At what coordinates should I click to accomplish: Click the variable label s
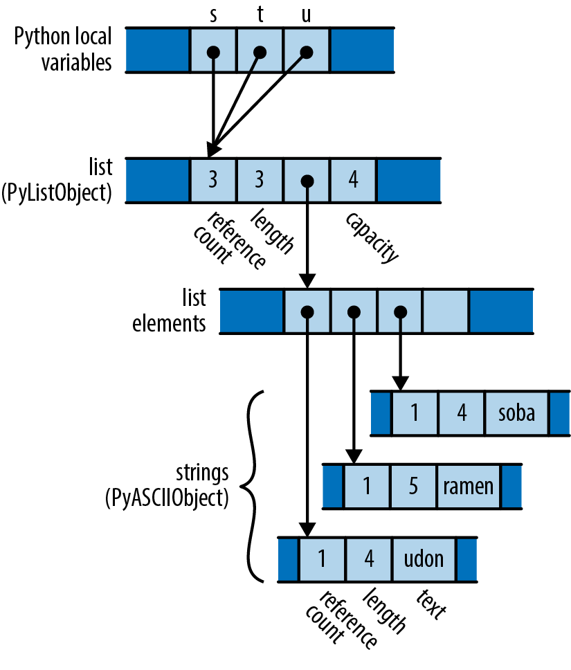212,15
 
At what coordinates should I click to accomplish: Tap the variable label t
260,15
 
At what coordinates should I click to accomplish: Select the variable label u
307,15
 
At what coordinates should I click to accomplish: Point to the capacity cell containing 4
353,181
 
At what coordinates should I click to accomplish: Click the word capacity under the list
373,237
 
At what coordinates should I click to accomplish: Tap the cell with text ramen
469,486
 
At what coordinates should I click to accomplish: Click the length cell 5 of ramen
413,486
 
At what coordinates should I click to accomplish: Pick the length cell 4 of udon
369,559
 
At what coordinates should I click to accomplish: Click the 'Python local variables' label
62,50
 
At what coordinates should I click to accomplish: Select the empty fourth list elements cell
446,311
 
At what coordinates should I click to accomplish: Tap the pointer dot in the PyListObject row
307,181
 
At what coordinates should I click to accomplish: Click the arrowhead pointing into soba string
400,382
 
